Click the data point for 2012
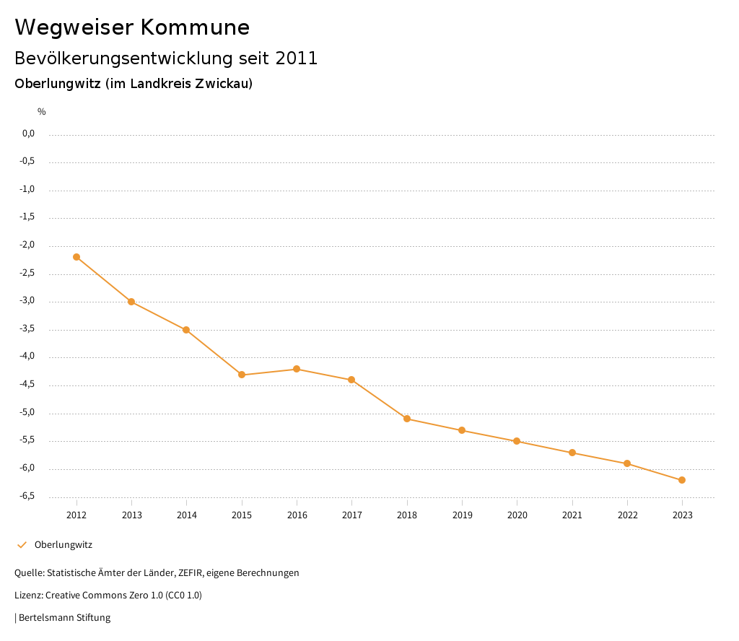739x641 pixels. (76, 257)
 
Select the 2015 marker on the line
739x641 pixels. (242, 375)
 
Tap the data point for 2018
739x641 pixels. (407, 419)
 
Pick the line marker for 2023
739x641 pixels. (682, 480)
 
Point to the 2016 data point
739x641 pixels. (297, 369)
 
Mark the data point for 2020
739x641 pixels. (517, 441)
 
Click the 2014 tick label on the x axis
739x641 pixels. (187, 515)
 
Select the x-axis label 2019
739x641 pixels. (462, 515)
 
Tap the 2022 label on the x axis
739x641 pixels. (627, 515)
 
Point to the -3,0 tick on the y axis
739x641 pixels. (28, 301)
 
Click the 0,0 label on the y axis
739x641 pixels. (29, 134)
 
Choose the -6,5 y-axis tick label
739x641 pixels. (28, 497)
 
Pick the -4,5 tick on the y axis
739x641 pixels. (28, 385)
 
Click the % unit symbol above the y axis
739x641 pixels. (42, 112)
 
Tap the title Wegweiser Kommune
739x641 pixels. (132, 27)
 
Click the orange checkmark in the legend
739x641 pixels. (22, 545)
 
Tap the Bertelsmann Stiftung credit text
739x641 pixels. (64, 618)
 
